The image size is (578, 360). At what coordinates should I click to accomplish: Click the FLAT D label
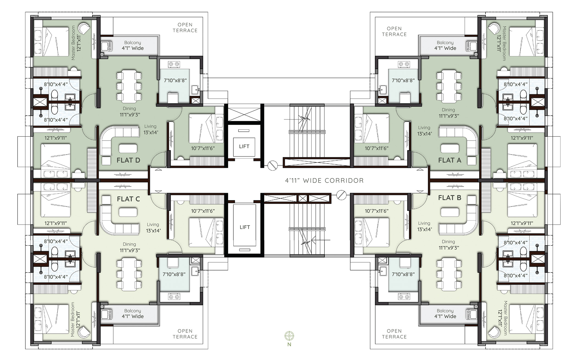[128, 160]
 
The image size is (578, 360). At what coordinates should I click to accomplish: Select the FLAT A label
[450, 160]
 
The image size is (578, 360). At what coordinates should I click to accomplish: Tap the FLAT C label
[128, 199]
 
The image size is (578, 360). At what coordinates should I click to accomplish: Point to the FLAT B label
[450, 198]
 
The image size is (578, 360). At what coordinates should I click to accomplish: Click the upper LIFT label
[244, 147]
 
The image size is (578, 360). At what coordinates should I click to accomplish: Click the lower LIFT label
[245, 227]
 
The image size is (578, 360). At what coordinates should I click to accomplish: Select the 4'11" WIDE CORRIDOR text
[324, 181]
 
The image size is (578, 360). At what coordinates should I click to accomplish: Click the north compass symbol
[289, 336]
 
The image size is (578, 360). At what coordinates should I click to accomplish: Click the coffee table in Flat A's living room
[450, 149]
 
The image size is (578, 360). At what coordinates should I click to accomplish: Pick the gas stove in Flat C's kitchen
[174, 297]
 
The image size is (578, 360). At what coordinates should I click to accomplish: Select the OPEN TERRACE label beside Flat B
[394, 334]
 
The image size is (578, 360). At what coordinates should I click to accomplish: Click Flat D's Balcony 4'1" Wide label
[133, 46]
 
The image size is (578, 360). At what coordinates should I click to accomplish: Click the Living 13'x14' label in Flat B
[424, 226]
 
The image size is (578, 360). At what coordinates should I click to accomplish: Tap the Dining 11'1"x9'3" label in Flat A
[448, 113]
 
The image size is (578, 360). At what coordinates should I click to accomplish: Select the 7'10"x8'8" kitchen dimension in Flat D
[175, 80]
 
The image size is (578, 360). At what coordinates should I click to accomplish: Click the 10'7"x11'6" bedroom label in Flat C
[203, 211]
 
